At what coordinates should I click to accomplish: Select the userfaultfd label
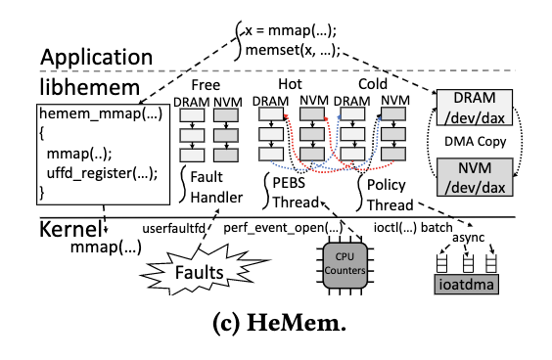click(x=176, y=227)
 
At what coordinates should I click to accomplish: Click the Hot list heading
click(x=289, y=84)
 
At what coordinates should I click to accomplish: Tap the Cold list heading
click(x=373, y=84)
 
